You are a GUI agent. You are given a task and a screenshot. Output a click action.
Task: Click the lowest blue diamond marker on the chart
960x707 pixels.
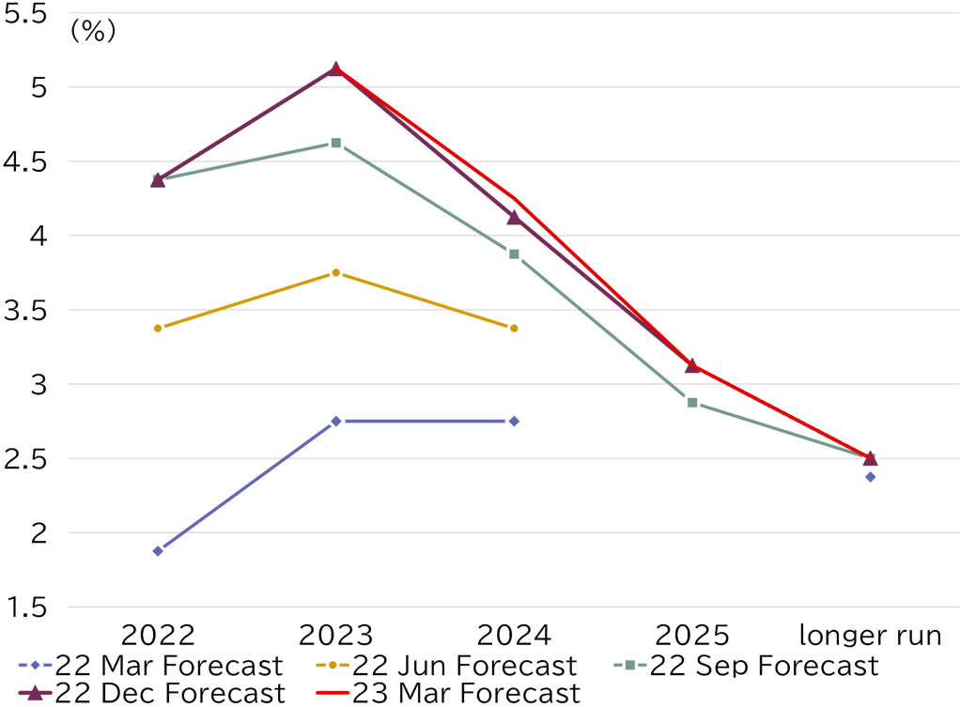click(158, 551)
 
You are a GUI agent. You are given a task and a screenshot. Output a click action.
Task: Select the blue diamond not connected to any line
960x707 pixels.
click(870, 477)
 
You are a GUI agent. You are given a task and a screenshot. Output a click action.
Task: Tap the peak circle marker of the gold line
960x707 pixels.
click(335, 272)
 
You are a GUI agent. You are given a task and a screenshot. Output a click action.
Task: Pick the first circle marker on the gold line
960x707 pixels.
click(158, 328)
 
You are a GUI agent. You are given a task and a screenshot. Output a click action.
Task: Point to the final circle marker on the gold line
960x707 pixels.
click(514, 328)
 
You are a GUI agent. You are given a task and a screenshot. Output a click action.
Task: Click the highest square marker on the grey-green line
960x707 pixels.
click(335, 143)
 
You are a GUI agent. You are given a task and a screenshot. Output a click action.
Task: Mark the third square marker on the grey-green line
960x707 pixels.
click(514, 254)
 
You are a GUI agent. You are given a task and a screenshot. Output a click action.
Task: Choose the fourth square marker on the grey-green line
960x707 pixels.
click(692, 402)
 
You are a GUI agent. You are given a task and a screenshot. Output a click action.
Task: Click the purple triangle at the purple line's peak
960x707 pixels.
click(335, 68)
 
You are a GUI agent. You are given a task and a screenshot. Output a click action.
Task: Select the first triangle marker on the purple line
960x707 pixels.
click(158, 179)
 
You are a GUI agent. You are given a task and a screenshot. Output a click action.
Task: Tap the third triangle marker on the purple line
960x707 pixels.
click(513, 218)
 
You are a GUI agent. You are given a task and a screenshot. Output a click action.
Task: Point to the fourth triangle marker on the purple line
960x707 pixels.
click(691, 365)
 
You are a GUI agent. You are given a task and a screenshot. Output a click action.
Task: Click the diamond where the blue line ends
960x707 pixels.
click(514, 421)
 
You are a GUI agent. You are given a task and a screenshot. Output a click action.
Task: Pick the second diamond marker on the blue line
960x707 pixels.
click(335, 421)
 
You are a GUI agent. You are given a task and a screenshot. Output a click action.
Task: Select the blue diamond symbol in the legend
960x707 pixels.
click(35, 665)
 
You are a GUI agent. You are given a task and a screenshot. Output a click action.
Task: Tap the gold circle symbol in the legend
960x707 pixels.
click(333, 665)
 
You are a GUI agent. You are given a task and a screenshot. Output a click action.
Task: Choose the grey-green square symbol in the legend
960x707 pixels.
click(629, 665)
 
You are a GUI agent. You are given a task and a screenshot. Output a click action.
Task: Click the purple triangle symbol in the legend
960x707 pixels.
click(35, 693)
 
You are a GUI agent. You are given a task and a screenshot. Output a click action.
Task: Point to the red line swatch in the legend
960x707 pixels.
click(333, 693)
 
